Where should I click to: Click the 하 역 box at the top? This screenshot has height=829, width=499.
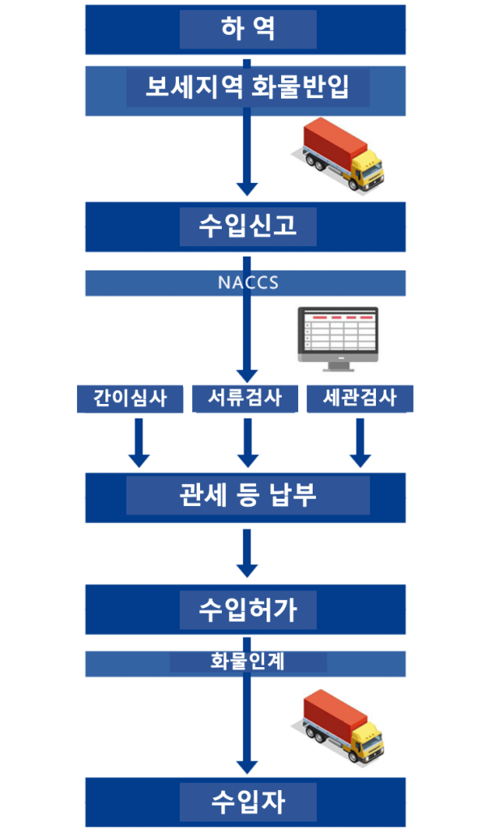click(x=248, y=29)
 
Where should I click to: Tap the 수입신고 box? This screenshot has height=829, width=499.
click(x=248, y=226)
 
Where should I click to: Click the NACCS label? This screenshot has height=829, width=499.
click(x=248, y=283)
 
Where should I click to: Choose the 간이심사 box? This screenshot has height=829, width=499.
click(x=130, y=398)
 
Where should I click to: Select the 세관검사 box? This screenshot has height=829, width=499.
click(x=360, y=398)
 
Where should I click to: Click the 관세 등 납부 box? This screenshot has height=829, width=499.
click(x=248, y=495)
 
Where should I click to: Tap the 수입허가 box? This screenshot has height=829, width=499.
click(x=248, y=610)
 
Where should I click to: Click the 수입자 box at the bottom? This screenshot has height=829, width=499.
click(x=248, y=802)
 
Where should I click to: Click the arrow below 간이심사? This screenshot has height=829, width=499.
click(x=139, y=444)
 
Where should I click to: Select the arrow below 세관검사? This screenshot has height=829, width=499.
click(x=360, y=444)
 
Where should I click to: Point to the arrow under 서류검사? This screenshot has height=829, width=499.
click(x=249, y=444)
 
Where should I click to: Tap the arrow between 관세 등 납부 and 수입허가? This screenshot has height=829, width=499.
click(x=249, y=553)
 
